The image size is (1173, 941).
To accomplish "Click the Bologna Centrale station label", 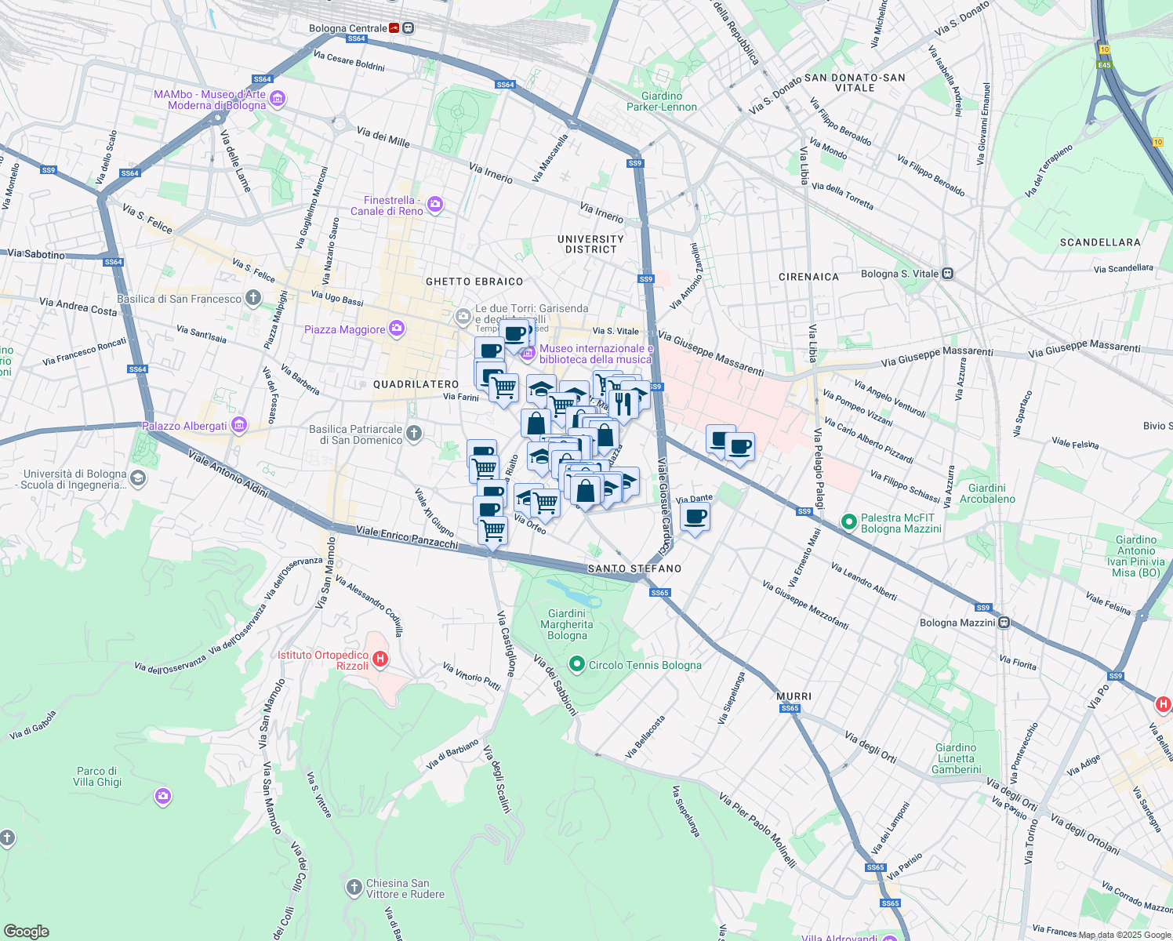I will click(347, 28).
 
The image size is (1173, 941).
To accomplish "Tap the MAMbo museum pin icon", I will click(277, 100).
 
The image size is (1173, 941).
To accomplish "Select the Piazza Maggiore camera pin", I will click(397, 329).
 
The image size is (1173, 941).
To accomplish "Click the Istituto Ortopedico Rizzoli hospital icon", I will click(380, 659).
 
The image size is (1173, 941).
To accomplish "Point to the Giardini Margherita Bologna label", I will click(567, 624).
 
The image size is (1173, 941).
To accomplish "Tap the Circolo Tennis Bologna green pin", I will click(577, 665).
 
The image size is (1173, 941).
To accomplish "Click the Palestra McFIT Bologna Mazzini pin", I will click(848, 521).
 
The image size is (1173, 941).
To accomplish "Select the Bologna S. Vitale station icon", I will click(948, 274).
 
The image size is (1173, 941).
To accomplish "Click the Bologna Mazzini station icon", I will click(1004, 623).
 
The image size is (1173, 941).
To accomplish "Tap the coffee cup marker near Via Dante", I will click(695, 518).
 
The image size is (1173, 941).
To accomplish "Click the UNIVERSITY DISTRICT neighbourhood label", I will click(590, 244).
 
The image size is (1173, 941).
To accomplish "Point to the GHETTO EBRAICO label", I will click(474, 282).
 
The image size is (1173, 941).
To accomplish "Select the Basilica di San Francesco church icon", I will click(252, 297).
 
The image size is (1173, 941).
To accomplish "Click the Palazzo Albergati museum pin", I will click(239, 426).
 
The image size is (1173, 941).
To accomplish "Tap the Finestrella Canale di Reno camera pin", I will click(435, 205).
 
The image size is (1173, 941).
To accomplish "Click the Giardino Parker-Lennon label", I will click(662, 101).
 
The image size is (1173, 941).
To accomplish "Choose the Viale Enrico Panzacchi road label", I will click(407, 537).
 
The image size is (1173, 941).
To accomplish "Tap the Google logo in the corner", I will click(26, 931).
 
